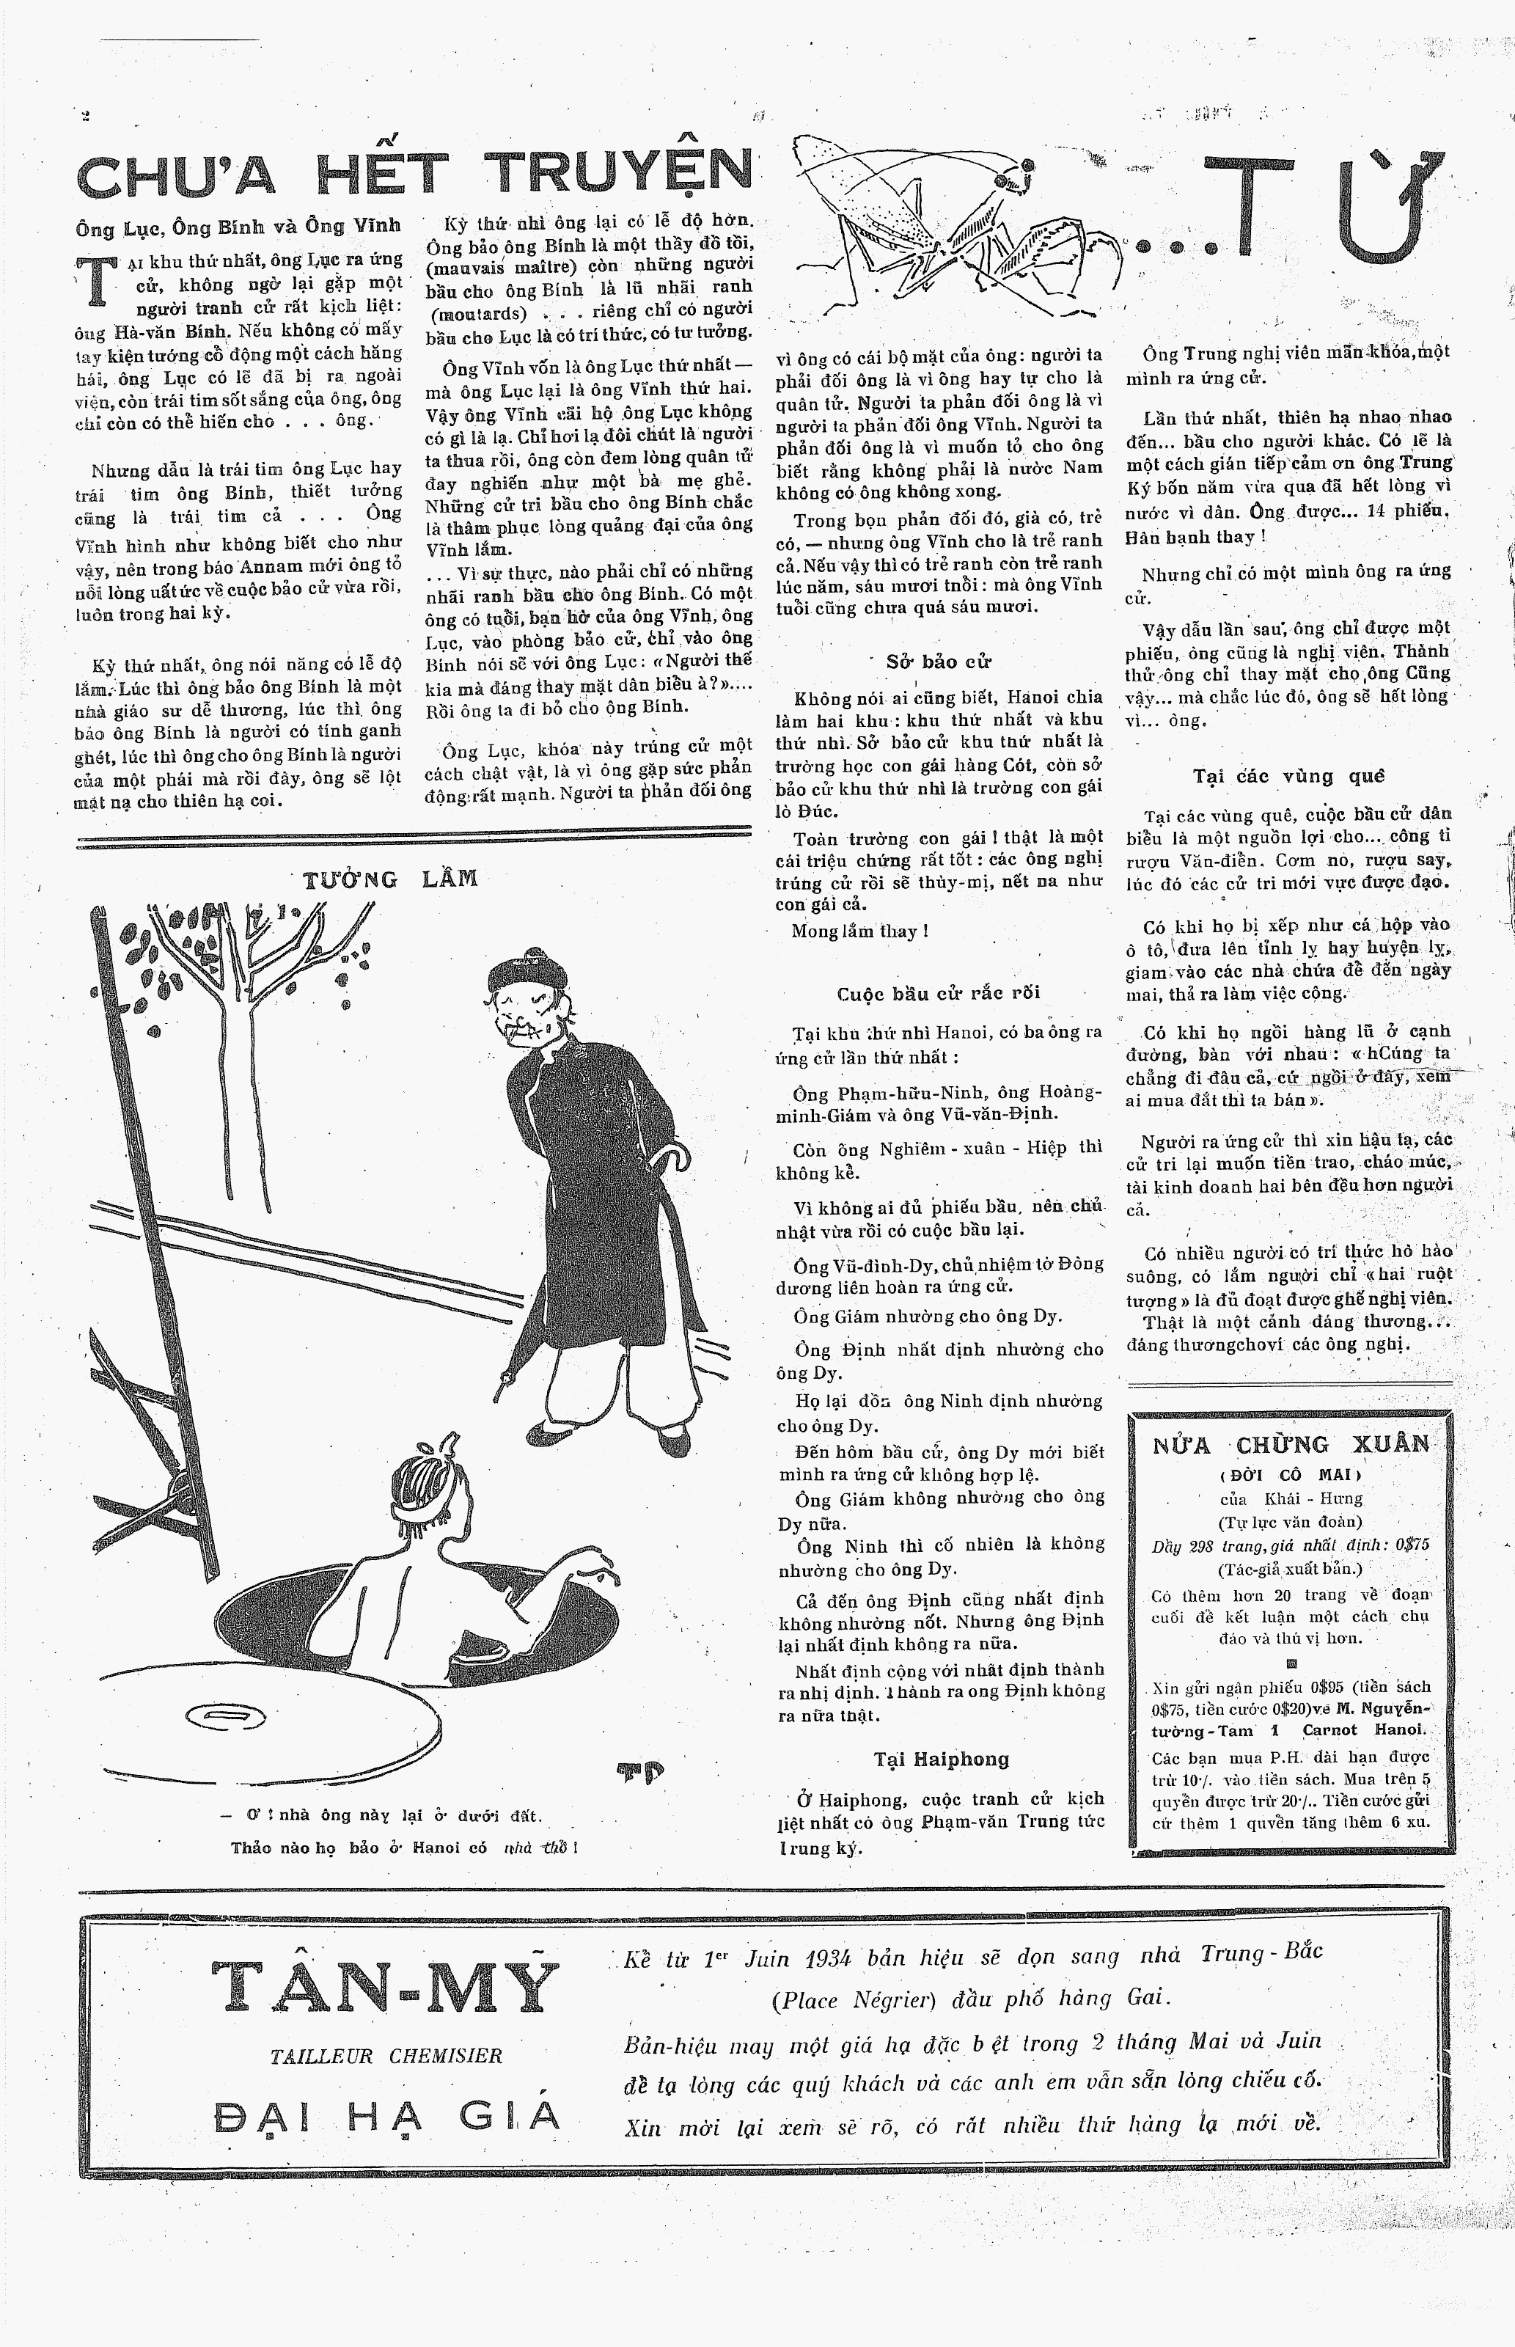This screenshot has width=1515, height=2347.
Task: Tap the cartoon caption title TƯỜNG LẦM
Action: point(391,879)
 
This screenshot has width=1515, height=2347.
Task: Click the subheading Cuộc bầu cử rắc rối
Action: point(938,992)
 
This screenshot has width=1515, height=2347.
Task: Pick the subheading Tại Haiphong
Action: point(942,1759)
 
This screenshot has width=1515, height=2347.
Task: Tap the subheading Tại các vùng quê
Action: point(1288,776)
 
